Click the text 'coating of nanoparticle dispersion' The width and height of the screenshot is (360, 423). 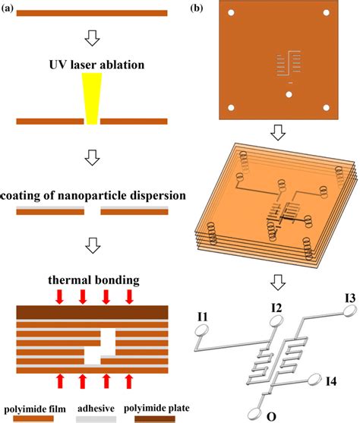[x=91, y=196]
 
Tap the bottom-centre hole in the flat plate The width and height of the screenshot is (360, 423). [x=289, y=94]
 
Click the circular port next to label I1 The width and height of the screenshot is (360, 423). [x=203, y=330]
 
